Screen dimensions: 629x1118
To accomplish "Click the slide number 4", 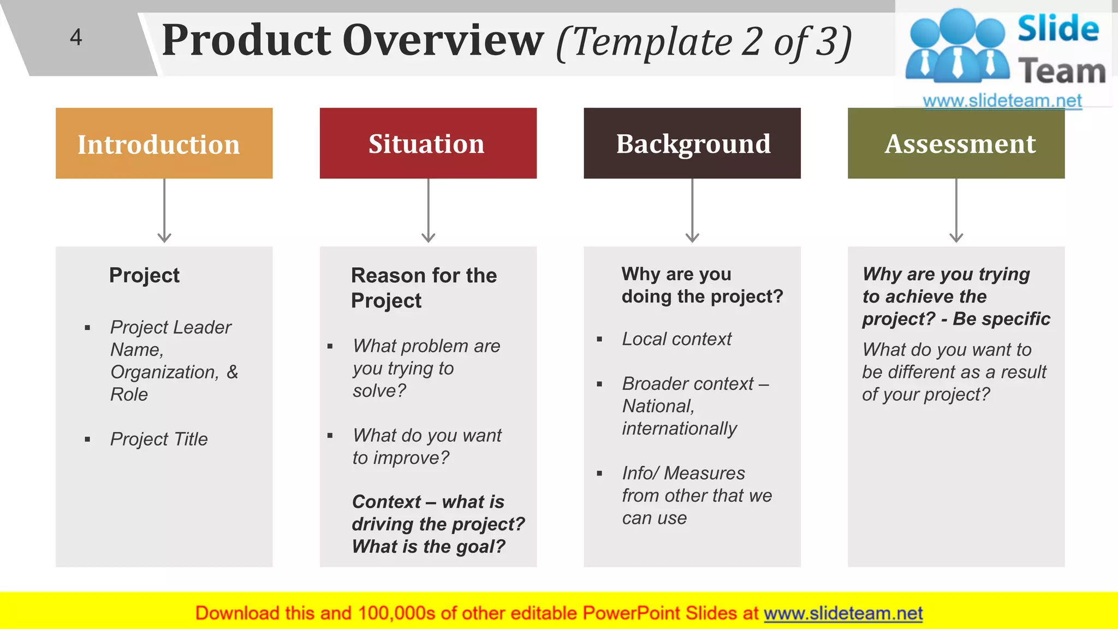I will (76, 37).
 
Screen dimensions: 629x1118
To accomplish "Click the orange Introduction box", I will (164, 144).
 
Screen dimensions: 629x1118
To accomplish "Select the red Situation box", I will (428, 144).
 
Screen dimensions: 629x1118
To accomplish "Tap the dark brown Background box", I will (692, 144).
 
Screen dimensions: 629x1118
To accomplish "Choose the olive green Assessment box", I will (956, 144).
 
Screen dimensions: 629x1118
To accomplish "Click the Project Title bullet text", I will (159, 439).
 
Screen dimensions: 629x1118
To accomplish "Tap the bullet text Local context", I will (676, 339).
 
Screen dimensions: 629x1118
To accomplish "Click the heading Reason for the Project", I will (424, 288).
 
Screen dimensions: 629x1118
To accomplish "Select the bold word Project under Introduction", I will (144, 275).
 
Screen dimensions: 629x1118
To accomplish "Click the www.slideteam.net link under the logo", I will (1002, 101).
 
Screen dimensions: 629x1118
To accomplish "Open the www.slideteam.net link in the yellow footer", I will (843, 613).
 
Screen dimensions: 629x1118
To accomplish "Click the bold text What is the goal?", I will (429, 547).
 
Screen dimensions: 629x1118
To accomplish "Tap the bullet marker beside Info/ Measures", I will (599, 473).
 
